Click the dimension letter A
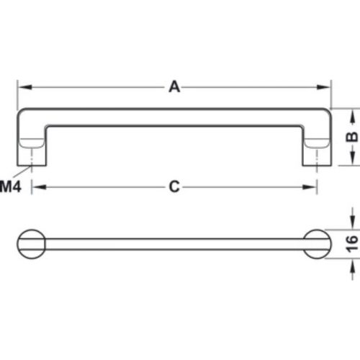pos(174,87)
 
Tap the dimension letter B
pos(351,137)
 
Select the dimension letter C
pos(174,187)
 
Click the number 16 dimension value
pos(351,244)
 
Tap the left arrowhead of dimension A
pos(22,87)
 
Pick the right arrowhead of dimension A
pos(325,87)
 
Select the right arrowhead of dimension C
pos(312,187)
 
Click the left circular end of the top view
pos(31,244)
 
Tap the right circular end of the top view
pos(317,244)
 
